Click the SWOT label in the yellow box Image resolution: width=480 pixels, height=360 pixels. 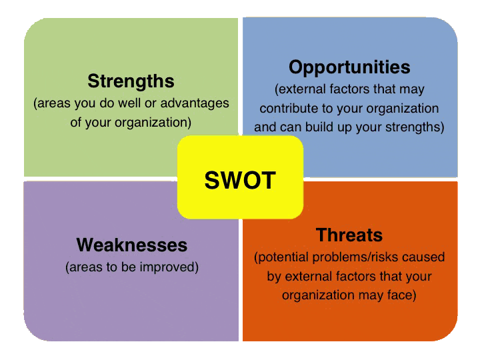click(240, 180)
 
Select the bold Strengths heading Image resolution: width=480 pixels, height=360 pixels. click(131, 81)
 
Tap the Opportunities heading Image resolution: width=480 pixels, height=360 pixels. click(349, 67)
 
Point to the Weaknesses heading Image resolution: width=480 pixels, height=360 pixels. click(132, 245)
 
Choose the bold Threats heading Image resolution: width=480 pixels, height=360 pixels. click(349, 235)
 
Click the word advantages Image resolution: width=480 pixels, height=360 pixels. click(195, 103)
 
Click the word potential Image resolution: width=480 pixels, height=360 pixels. click(281, 257)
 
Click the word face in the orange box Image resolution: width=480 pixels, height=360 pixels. click(401, 295)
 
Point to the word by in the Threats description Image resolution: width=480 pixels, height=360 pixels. click(274, 277)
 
